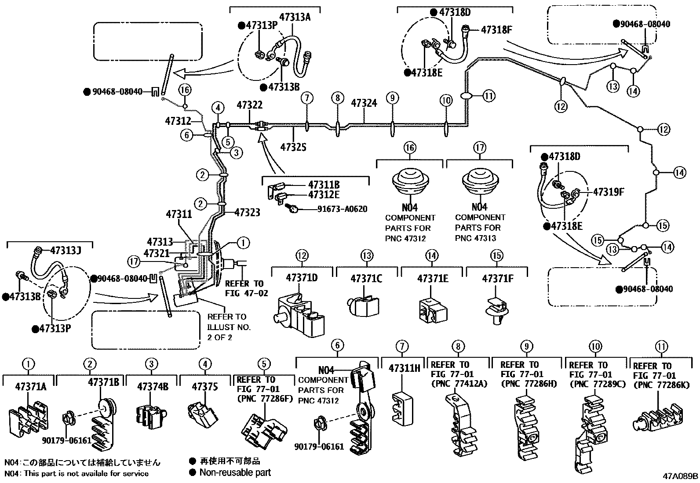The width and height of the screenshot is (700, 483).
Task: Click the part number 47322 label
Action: tap(249, 105)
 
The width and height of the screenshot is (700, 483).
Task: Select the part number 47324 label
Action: tap(364, 104)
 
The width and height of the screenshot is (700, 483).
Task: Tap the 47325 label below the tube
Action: tap(293, 147)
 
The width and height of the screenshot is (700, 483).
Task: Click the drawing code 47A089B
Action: tap(681, 476)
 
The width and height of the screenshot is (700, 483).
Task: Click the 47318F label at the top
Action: tap(497, 30)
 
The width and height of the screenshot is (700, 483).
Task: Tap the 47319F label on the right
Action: tap(609, 192)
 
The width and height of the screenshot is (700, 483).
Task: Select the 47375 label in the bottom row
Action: tap(204, 387)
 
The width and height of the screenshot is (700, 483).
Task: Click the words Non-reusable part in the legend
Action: tap(235, 473)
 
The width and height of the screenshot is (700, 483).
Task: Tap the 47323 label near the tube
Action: tap(247, 213)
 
